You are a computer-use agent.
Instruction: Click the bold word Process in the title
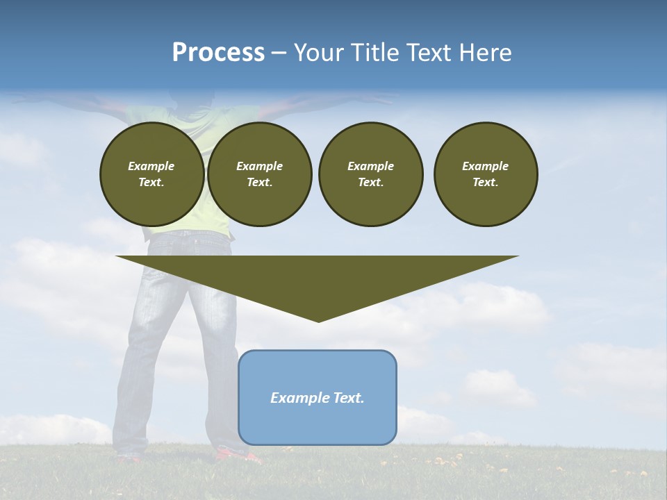(x=218, y=53)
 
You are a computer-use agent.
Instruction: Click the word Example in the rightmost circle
(x=485, y=166)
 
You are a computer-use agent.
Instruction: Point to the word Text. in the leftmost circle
(x=151, y=183)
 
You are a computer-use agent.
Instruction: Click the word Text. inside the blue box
(x=348, y=398)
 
